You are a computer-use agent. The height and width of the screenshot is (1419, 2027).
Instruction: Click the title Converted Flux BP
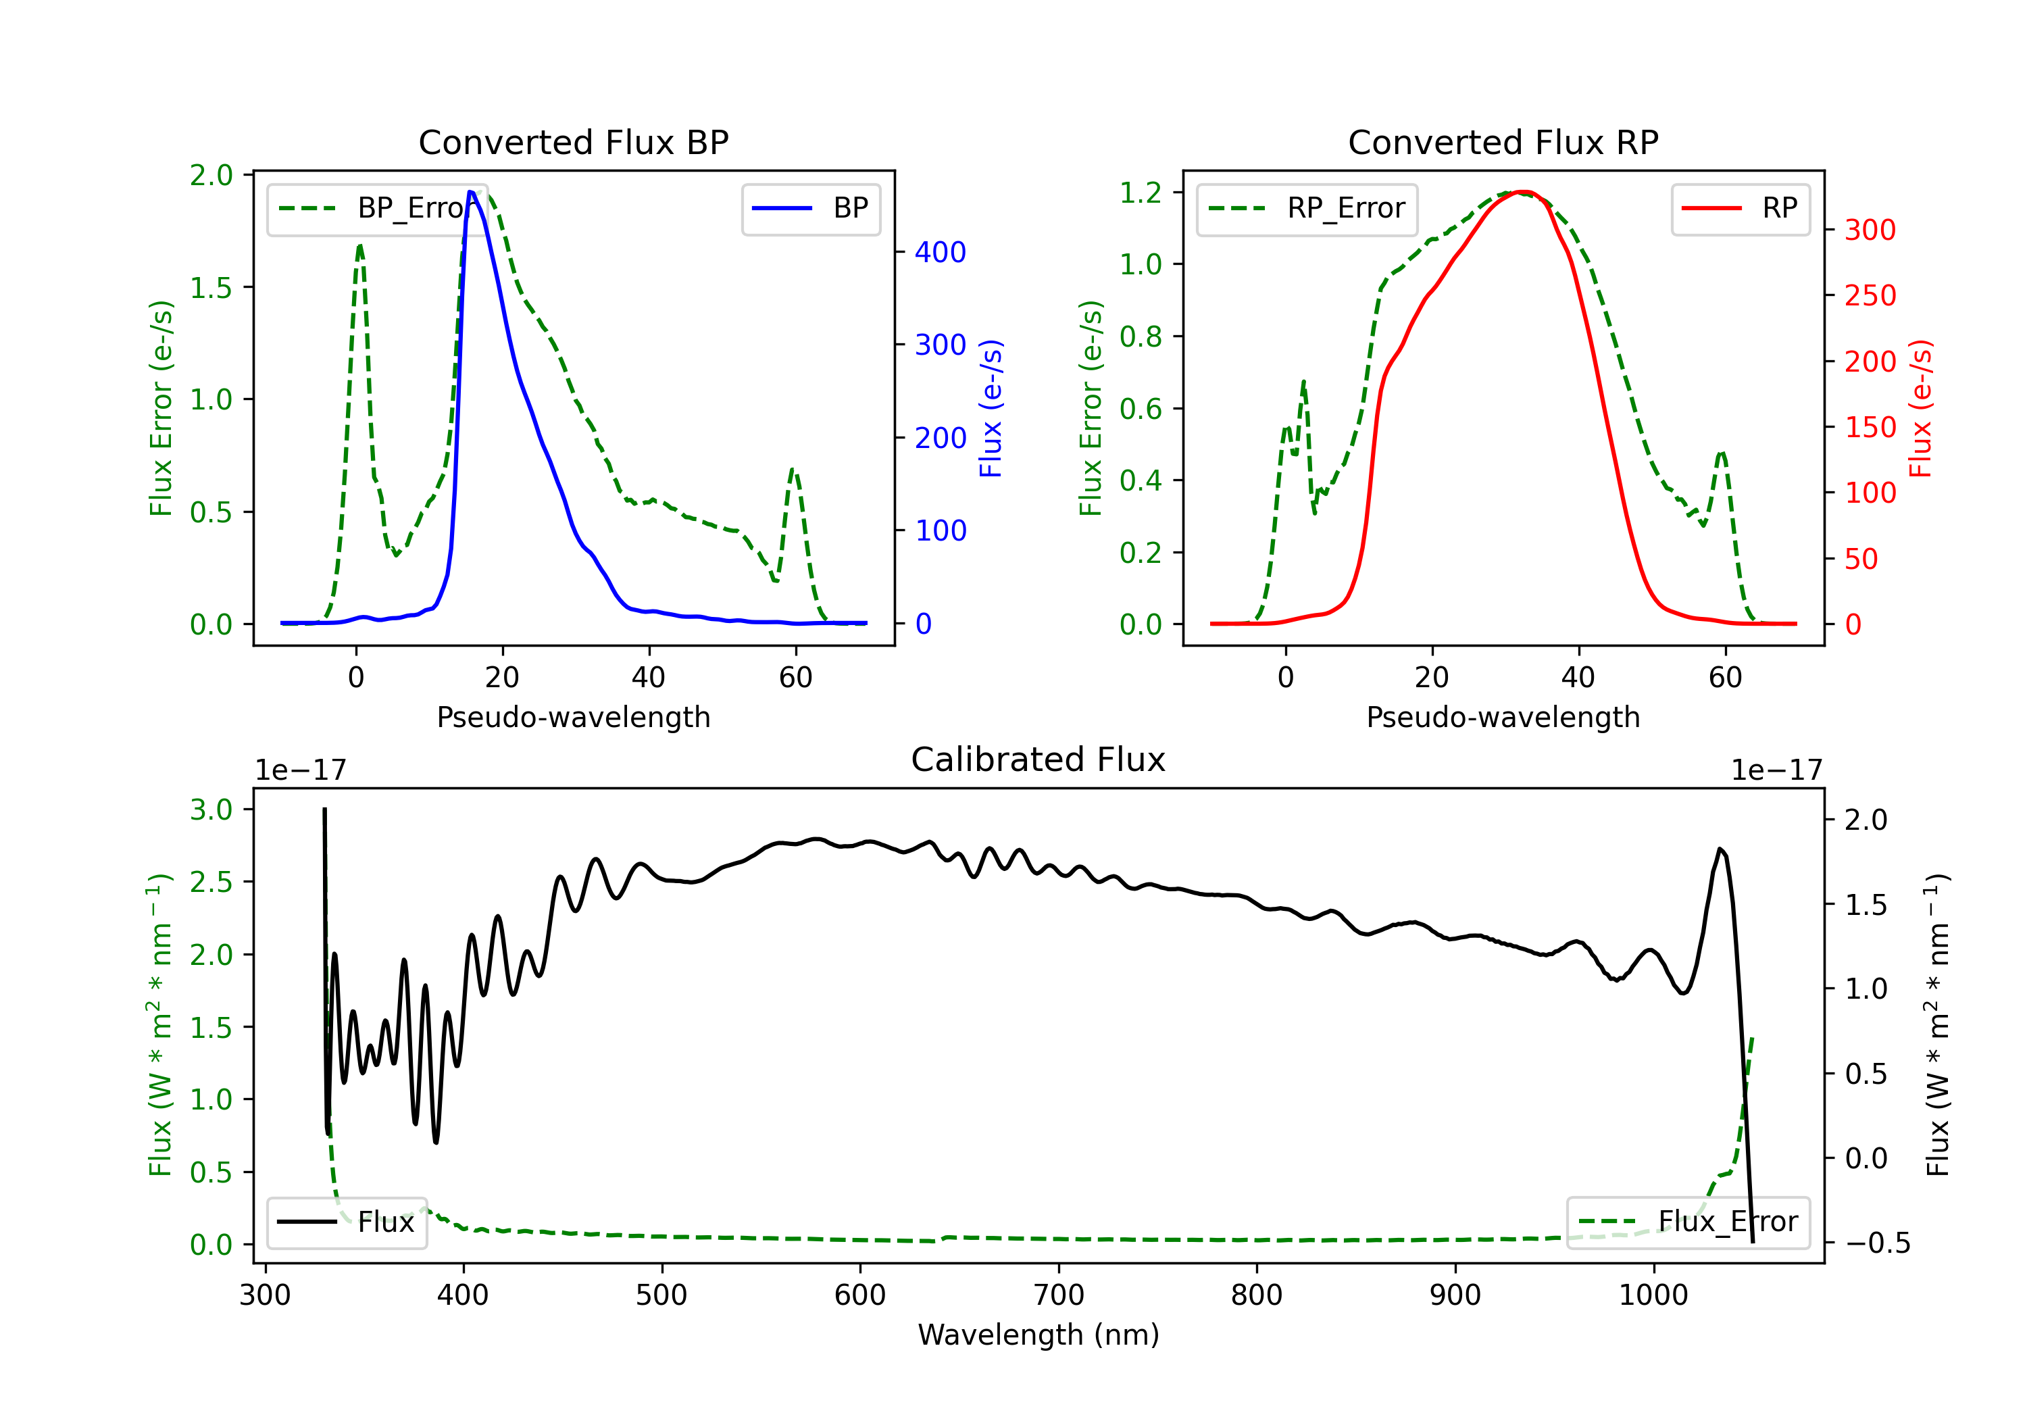(573, 142)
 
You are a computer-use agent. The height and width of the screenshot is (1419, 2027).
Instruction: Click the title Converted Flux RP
(1503, 142)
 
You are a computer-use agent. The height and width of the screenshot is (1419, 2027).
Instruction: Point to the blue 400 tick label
(941, 253)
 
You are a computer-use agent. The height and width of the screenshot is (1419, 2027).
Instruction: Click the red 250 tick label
(1870, 296)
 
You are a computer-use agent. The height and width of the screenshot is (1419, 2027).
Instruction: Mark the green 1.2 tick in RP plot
(1141, 193)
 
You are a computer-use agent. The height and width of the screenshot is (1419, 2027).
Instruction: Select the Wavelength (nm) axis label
(1038, 1335)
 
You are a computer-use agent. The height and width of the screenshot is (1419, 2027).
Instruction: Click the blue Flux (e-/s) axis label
(991, 408)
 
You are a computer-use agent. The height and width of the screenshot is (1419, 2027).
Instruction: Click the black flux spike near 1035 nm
(1720, 849)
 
